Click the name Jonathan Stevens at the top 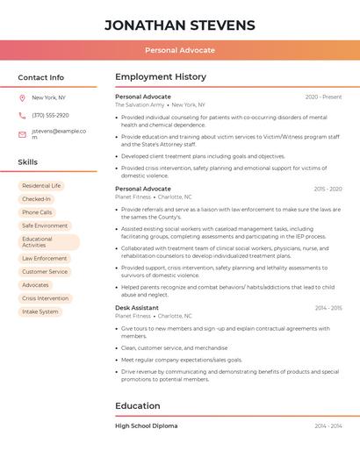pyautogui.click(x=180, y=25)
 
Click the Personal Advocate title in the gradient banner pyautogui.click(x=180, y=51)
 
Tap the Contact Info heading pyautogui.click(x=41, y=77)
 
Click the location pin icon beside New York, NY pyautogui.click(x=22, y=98)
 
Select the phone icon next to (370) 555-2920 pyautogui.click(x=22, y=115)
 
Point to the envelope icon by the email pyautogui.click(x=22, y=134)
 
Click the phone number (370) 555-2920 pyautogui.click(x=50, y=115)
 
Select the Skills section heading pyautogui.click(x=28, y=162)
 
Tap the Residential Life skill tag pyautogui.click(x=41, y=186)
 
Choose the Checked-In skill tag pyautogui.click(x=36, y=199)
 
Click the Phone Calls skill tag pyautogui.click(x=37, y=212)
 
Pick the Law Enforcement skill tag pyautogui.click(x=44, y=259)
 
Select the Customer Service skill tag pyautogui.click(x=45, y=272)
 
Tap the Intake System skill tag pyautogui.click(x=40, y=311)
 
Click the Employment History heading pyautogui.click(x=161, y=77)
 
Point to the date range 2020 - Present pyautogui.click(x=323, y=97)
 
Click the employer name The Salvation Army pyautogui.click(x=140, y=104)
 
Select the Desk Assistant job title pyautogui.click(x=137, y=308)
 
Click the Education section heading pyautogui.click(x=138, y=406)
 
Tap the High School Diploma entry pyautogui.click(x=146, y=426)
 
